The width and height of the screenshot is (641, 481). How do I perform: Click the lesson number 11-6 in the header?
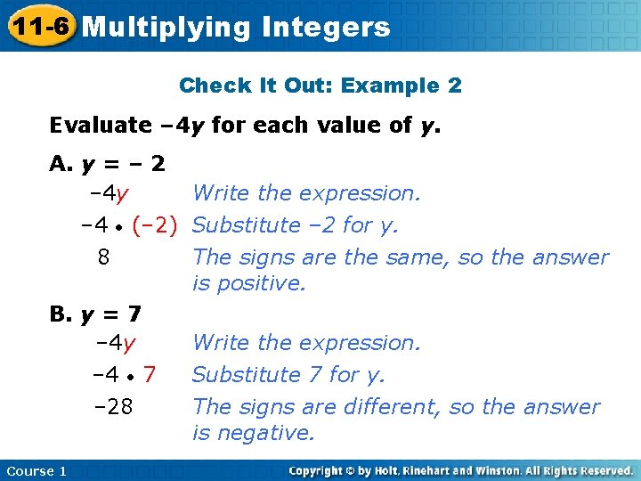[x=38, y=26]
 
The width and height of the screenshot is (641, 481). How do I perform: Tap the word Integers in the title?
[x=327, y=27]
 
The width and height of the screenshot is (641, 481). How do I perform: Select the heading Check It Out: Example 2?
[x=320, y=86]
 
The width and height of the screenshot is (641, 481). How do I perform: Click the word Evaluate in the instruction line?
[x=101, y=125]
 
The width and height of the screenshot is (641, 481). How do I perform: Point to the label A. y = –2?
[x=108, y=165]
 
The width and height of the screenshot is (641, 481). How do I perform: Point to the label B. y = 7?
[x=96, y=314]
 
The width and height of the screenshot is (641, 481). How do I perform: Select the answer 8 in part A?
[x=104, y=257]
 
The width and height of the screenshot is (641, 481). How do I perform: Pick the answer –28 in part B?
[x=113, y=407]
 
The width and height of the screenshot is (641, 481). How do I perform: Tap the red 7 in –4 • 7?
[x=150, y=375]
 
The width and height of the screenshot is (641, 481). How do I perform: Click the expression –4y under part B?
[x=115, y=343]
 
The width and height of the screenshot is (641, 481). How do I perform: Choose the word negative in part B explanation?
[x=265, y=433]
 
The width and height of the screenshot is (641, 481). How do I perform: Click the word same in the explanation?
[x=413, y=257]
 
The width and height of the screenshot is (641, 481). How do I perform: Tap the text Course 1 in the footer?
[x=36, y=470]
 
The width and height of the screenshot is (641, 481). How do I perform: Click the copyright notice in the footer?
[x=460, y=470]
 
